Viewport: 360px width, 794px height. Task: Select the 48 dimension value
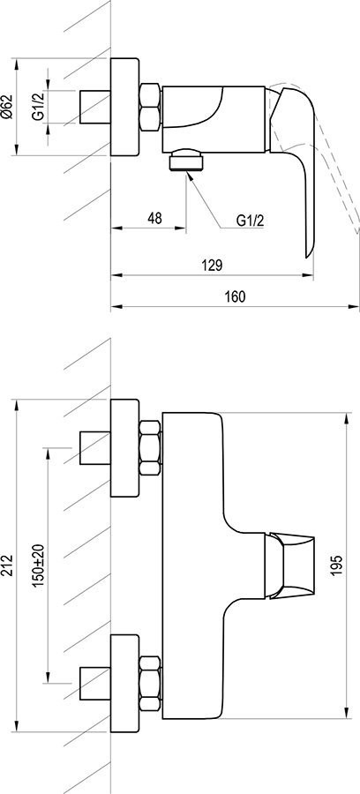click(154, 218)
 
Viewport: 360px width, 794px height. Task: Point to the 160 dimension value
click(236, 296)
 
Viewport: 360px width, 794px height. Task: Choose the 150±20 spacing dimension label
click(39, 566)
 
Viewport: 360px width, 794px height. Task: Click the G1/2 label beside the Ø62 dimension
click(39, 107)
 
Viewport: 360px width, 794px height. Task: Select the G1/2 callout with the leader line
click(251, 221)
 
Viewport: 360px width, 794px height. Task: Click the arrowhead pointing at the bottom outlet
click(190, 176)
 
